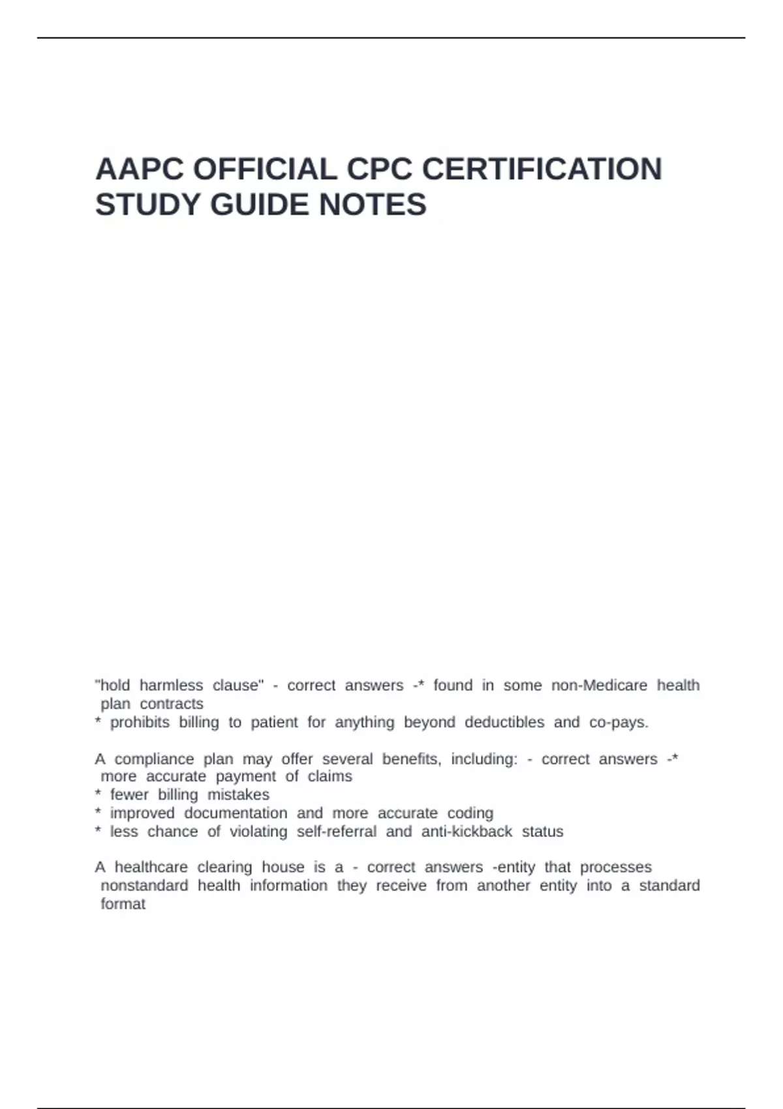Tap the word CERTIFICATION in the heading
[x=542, y=170]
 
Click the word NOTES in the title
[x=373, y=205]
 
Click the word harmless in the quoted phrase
[x=171, y=686]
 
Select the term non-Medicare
[x=599, y=686]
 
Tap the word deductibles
[x=504, y=722]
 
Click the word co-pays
[x=619, y=722]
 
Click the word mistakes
[x=238, y=795]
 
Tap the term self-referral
[x=336, y=832]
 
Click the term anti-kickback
[x=467, y=832]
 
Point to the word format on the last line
[x=123, y=904]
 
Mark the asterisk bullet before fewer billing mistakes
[x=98, y=794]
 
